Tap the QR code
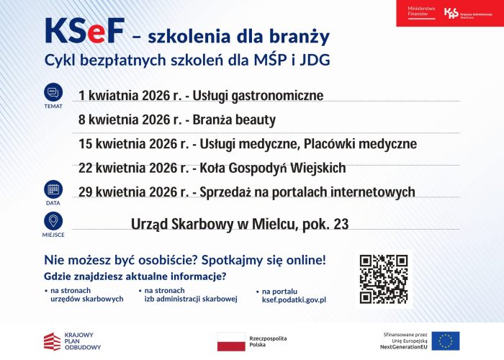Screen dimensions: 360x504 point(384,279)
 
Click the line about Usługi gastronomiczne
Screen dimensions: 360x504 point(201,96)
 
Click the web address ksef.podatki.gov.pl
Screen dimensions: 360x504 point(294,300)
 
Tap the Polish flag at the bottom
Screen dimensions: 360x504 point(231,341)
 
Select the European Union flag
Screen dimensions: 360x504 point(446,341)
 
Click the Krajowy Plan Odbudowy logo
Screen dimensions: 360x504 point(72,341)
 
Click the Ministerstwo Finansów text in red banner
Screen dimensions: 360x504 point(423,12)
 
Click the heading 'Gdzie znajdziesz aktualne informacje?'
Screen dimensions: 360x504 point(135,276)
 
